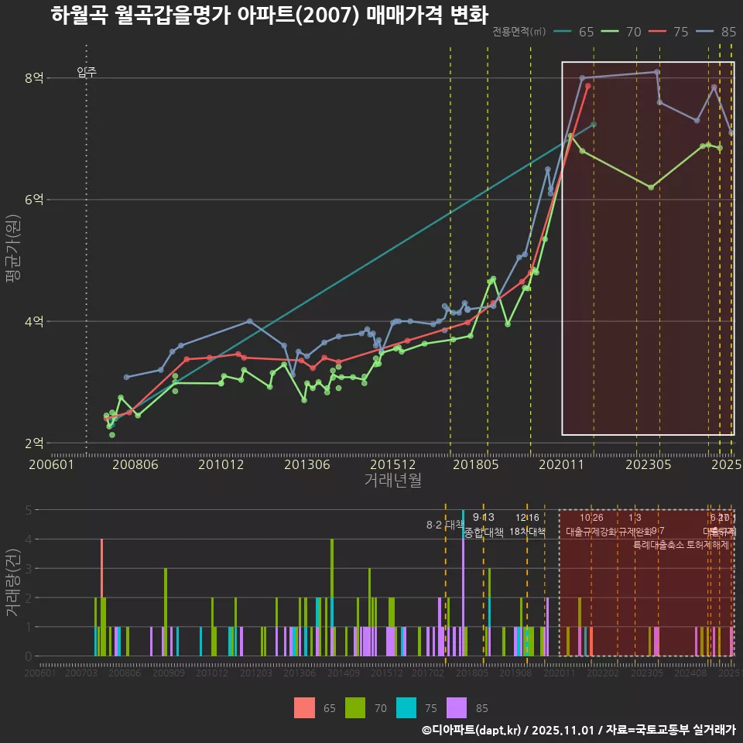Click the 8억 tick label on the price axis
click(34, 78)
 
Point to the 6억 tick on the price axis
click(34, 200)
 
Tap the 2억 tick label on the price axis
click(34, 443)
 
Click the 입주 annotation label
click(87, 73)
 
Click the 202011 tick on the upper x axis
click(560, 465)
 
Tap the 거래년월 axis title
click(392, 481)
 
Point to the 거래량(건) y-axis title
click(13, 582)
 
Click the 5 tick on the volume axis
click(28, 510)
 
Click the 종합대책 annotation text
click(484, 532)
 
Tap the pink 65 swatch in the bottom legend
click(305, 707)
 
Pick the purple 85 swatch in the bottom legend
click(458, 707)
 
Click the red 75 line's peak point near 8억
click(588, 86)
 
